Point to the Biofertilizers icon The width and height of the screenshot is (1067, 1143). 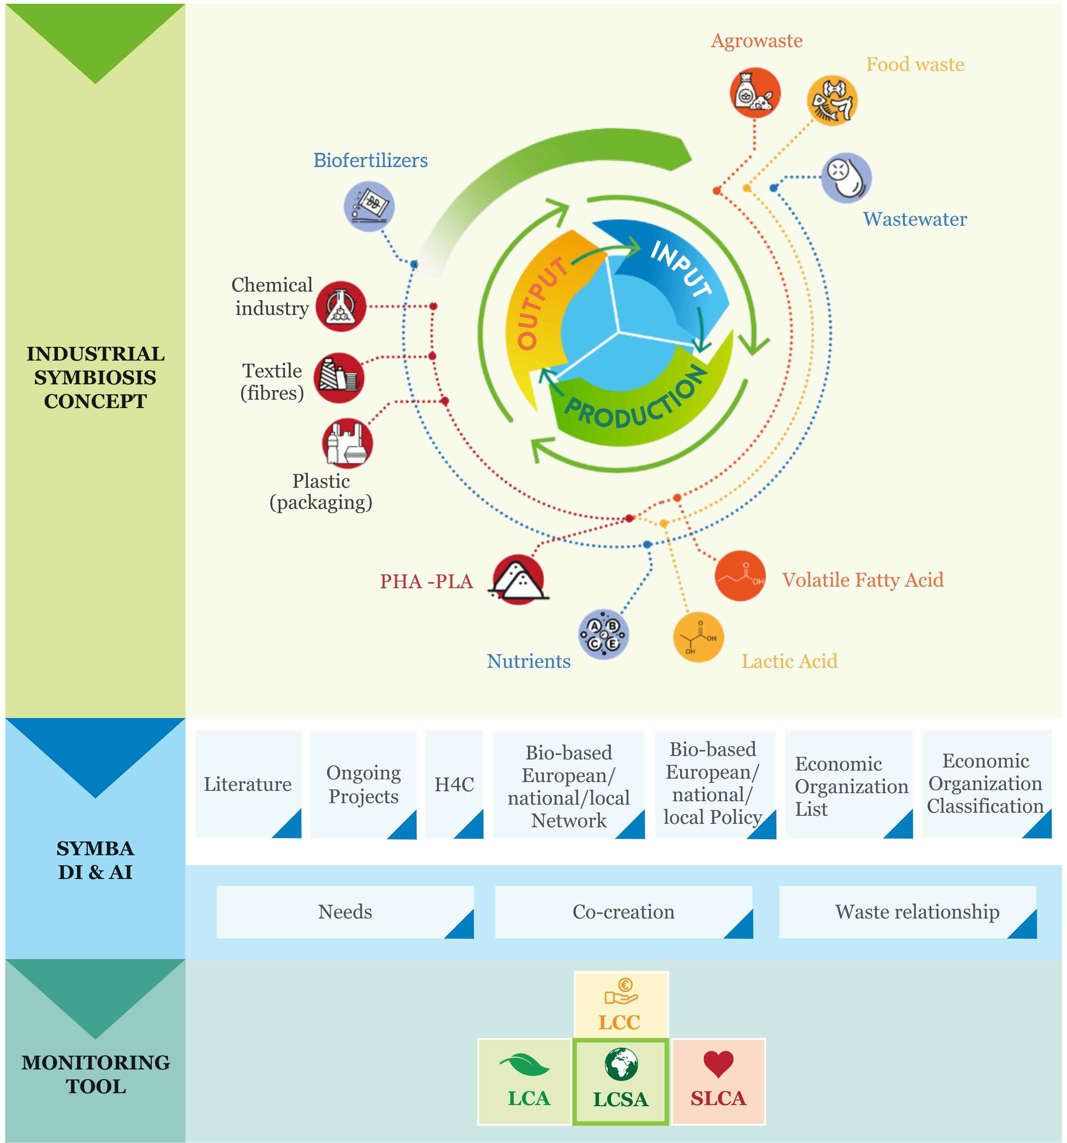tap(369, 207)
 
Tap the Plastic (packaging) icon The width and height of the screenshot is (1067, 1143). tap(347, 443)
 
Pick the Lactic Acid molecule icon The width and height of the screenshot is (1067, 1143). tap(698, 637)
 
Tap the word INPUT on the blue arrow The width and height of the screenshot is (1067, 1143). tap(681, 269)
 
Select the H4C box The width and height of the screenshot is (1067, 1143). tap(454, 784)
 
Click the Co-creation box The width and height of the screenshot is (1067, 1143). tap(623, 912)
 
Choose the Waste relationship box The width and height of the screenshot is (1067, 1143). tap(908, 912)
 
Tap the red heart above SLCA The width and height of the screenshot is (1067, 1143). tap(718, 1064)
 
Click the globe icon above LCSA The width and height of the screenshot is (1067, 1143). tap(621, 1064)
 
